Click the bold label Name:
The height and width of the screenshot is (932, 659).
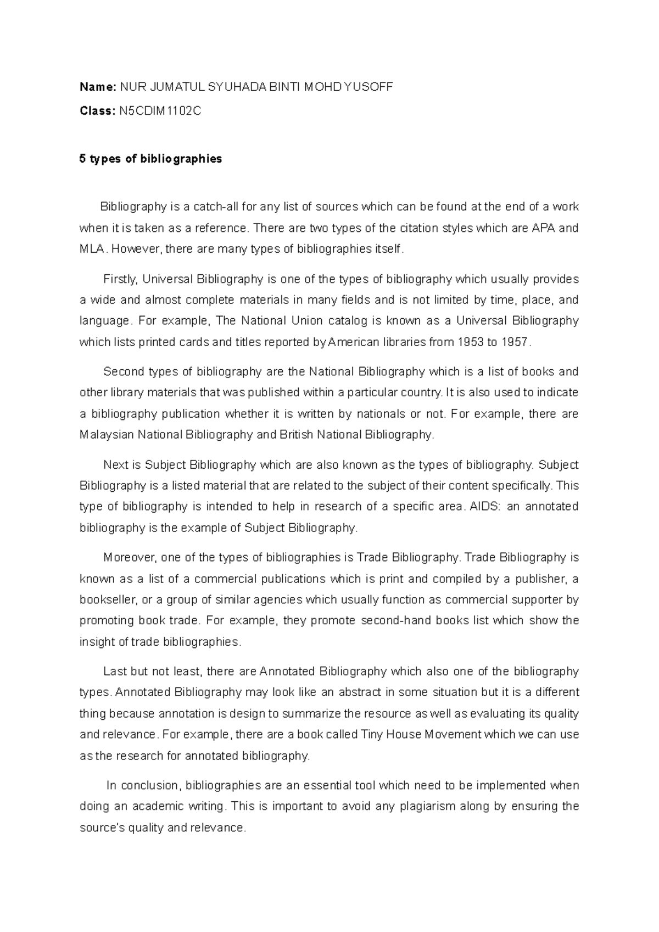[98, 87]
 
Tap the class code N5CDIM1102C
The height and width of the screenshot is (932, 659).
[160, 111]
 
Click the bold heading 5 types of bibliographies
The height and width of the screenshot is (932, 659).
[150, 159]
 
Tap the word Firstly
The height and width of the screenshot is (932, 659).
[120, 279]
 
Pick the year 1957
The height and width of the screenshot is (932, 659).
[515, 342]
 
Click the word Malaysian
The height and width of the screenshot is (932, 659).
[106, 435]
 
